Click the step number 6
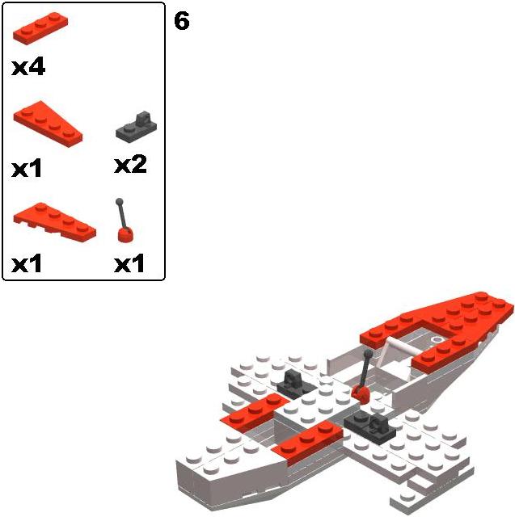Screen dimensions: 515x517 182,21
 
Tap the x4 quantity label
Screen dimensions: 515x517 28,67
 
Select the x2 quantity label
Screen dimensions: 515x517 130,165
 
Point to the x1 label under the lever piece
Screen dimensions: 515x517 129,263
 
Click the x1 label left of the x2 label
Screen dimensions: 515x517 27,168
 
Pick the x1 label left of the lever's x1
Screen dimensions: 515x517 27,263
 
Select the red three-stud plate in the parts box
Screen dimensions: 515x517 40,28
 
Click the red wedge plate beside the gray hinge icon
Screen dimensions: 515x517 49,124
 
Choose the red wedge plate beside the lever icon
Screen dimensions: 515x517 55,222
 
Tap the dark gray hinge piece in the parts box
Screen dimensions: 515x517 137,128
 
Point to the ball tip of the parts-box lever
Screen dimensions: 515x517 120,201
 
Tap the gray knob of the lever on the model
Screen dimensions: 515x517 368,354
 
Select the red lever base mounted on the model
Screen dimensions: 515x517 361,394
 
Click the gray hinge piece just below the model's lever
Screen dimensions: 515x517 369,427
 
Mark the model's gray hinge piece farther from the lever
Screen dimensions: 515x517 294,383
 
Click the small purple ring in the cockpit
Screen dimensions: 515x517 437,339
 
